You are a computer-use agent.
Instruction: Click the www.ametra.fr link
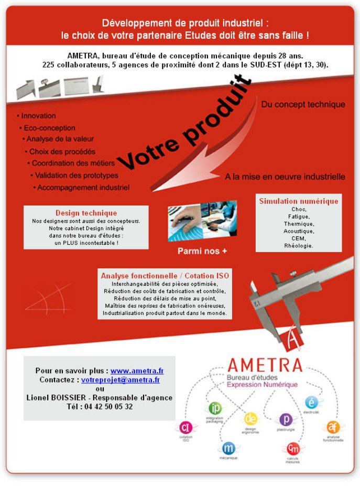pyautogui.click(x=137, y=371)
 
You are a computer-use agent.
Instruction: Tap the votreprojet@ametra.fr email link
pyautogui.click(x=120, y=379)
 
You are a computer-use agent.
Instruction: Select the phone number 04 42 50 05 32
pyautogui.click(x=108, y=406)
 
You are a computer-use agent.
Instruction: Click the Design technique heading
pyautogui.click(x=86, y=213)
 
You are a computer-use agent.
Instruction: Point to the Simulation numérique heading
pyautogui.click(x=298, y=201)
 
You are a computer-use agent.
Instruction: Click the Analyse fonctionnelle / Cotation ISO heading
pyautogui.click(x=165, y=276)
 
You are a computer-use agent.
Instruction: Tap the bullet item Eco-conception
pyautogui.click(x=49, y=128)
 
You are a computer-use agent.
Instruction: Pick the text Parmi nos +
pyautogui.click(x=202, y=251)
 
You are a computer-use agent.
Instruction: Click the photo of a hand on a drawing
pyautogui.click(x=202, y=221)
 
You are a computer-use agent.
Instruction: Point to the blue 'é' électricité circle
pyautogui.click(x=311, y=403)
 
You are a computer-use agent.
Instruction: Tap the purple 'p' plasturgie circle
pyautogui.click(x=286, y=419)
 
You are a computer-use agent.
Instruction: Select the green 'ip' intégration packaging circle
pyautogui.click(x=215, y=408)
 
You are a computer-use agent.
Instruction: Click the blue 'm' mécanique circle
pyautogui.click(x=228, y=448)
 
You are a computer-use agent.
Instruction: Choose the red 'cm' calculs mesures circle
pyautogui.click(x=293, y=449)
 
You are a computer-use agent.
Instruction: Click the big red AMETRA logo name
pyautogui.click(x=265, y=365)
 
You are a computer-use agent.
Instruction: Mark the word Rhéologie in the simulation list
pyautogui.click(x=299, y=245)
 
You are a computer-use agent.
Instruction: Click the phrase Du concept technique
pyautogui.click(x=303, y=104)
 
